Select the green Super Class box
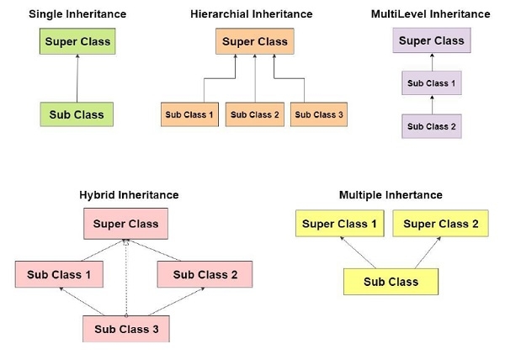[x=77, y=41]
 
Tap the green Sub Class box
[x=77, y=114]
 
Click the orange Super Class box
[x=254, y=41]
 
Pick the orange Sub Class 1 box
[x=189, y=114]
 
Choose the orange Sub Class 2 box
[x=254, y=114]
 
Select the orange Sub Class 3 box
[x=319, y=114]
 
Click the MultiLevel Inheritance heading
[x=430, y=14]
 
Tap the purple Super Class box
[x=430, y=40]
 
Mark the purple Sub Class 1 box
[x=430, y=85]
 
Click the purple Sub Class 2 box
[x=430, y=126]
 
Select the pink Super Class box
[x=126, y=225]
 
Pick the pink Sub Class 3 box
[x=126, y=328]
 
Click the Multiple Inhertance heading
[x=391, y=195]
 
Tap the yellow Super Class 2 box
[x=441, y=225]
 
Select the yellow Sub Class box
[x=391, y=281]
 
